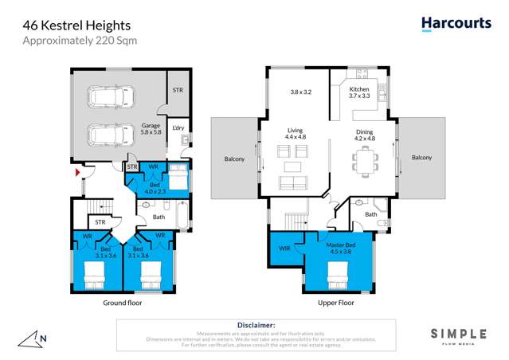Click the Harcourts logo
coord(456,24)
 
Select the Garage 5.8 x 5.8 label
coord(151,128)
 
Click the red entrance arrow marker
coord(76,171)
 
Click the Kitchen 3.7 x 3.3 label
coord(359,92)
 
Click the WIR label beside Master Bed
coord(285,248)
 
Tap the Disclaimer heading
coord(256,325)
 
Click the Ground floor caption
coord(122,303)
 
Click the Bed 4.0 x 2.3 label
coord(155,188)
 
